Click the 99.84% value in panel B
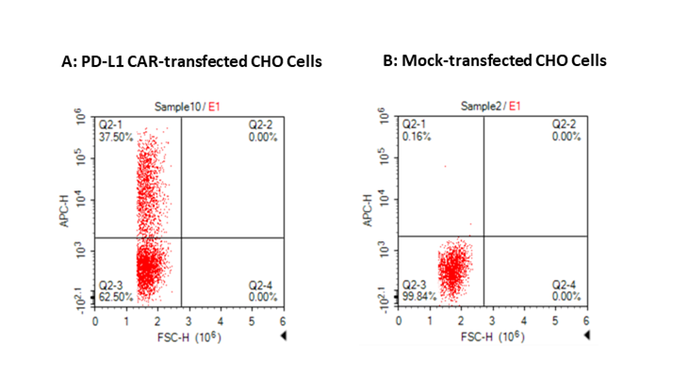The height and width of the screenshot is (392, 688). [418, 296]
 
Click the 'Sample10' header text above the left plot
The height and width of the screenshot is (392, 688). [174, 106]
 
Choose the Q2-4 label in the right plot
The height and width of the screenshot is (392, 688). [565, 285]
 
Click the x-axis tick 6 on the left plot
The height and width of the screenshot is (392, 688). [283, 322]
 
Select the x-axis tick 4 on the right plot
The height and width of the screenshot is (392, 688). [524, 322]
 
